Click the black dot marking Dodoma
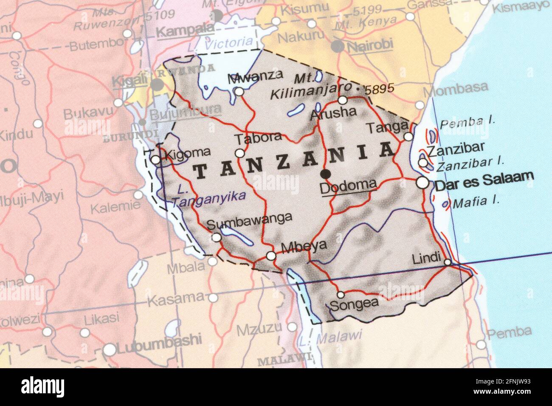(326, 173)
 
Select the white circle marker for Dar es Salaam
(422, 183)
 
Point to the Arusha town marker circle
(343, 100)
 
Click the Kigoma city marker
(156, 160)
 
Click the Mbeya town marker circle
(271, 256)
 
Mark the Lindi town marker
(448, 262)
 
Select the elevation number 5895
(380, 89)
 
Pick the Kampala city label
(185, 31)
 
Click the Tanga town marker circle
(408, 136)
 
